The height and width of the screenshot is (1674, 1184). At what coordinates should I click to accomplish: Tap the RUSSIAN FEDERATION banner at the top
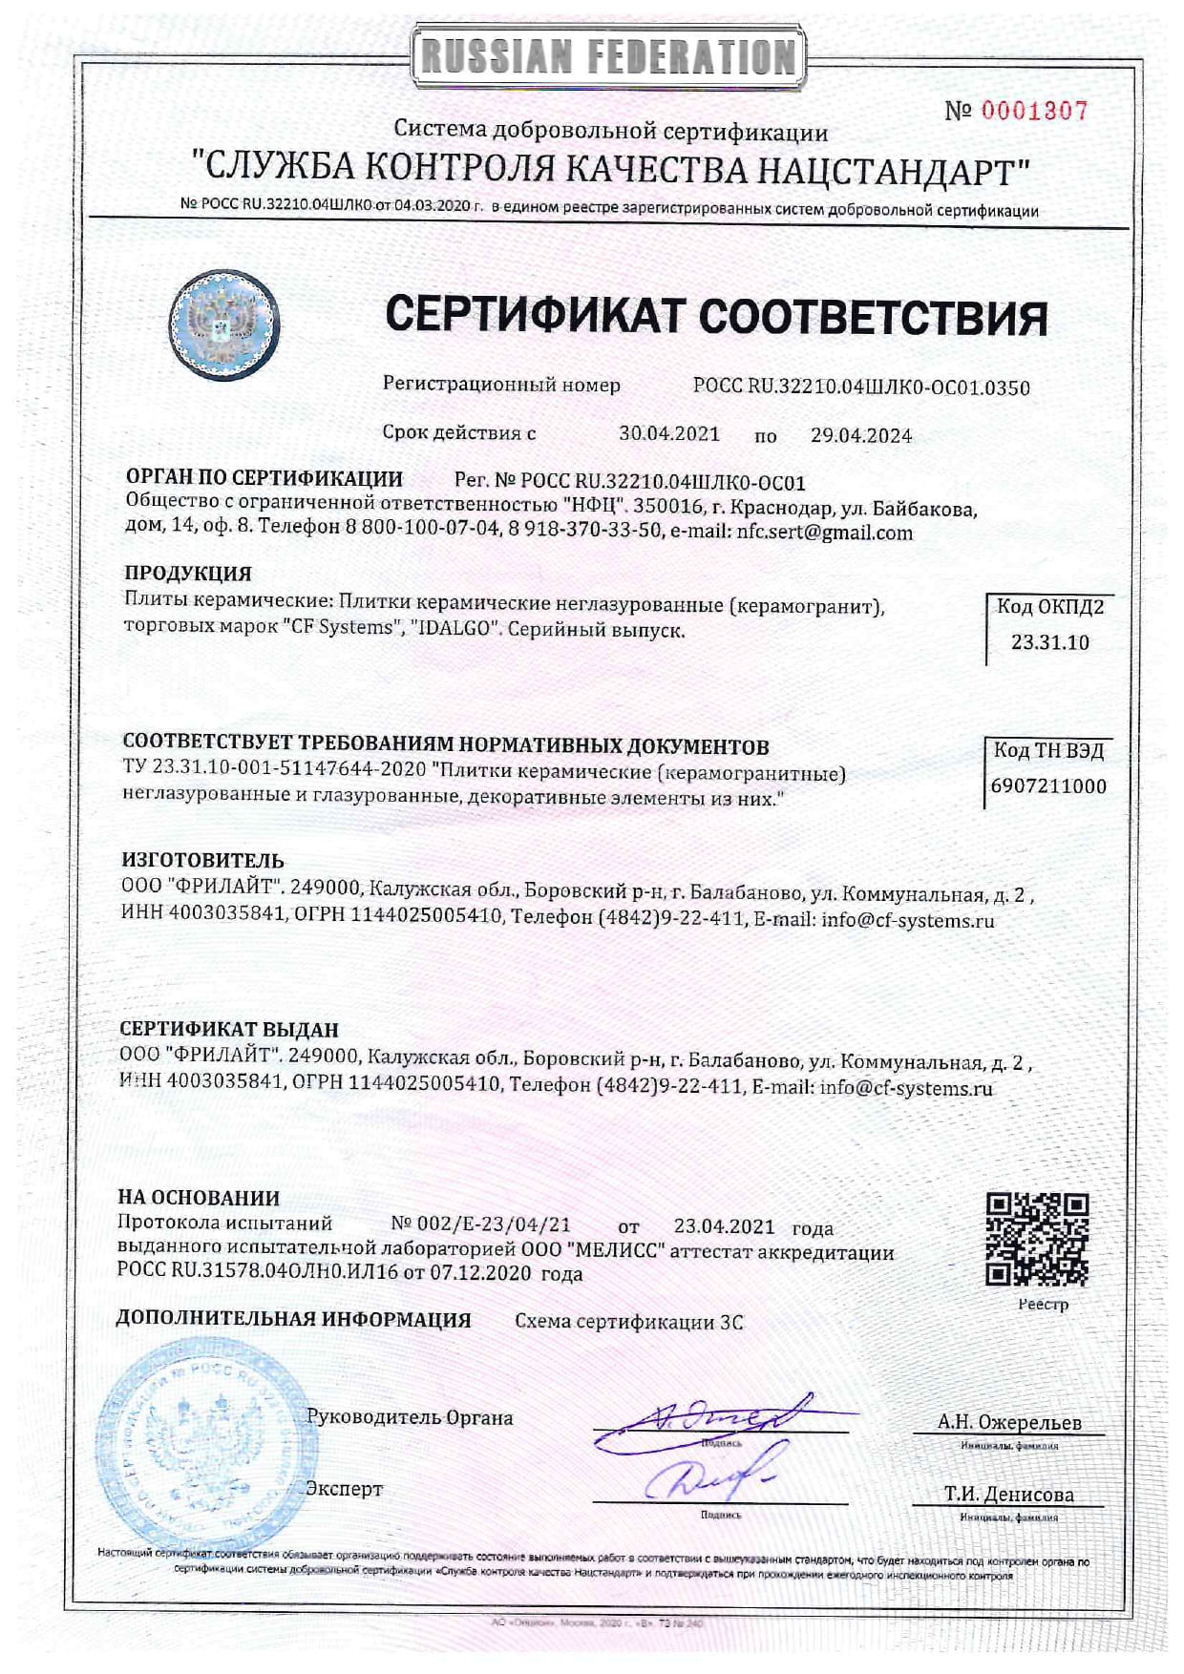pos(609,55)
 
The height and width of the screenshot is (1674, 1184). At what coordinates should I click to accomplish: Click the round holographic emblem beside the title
pos(224,324)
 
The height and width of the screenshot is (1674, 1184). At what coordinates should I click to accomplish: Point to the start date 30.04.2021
pos(669,433)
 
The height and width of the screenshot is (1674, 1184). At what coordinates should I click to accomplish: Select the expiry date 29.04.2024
pos(861,435)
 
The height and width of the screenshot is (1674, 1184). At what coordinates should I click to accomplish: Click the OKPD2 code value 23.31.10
pos(1049,642)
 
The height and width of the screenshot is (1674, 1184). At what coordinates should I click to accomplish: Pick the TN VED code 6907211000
pos(1048,786)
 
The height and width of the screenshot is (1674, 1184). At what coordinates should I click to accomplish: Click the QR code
pos(1037,1240)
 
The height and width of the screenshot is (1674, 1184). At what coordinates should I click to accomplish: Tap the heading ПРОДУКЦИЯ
pos(188,574)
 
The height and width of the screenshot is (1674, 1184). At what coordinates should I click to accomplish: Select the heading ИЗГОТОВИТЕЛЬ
pos(202,861)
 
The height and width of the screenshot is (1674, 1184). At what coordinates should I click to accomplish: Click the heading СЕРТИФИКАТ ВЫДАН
pos(229,1030)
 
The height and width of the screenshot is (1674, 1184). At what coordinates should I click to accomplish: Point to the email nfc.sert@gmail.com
pos(824,533)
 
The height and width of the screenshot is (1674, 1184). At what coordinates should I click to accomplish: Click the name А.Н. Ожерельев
pos(1009,1422)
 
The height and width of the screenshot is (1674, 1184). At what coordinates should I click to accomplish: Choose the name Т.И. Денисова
pos(1009,1495)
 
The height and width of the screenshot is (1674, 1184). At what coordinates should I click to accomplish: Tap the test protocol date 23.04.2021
pos(724,1226)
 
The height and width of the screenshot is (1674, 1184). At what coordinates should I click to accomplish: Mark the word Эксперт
pos(344,1489)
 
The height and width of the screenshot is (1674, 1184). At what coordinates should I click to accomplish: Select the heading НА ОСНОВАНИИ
pos(199,1198)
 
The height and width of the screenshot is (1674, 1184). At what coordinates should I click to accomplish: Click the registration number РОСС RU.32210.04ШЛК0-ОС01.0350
pos(861,387)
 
